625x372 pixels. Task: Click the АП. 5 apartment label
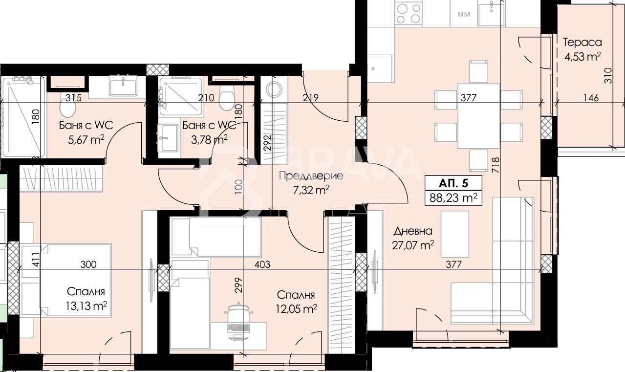[453, 183]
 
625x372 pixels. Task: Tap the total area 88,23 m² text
[453, 198]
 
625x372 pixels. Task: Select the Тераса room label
[582, 43]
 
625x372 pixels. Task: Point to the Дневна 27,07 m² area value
[413, 245]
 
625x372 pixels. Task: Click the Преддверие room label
[311, 176]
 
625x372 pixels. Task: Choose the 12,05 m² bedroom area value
[296, 309]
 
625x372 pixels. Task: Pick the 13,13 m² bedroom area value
[86, 306]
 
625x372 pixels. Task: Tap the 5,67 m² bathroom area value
[86, 139]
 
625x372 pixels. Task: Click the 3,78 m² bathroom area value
[209, 139]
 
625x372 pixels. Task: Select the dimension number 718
[496, 165]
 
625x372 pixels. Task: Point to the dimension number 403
[262, 264]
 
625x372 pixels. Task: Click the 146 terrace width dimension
[591, 98]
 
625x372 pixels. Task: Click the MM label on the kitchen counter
[464, 14]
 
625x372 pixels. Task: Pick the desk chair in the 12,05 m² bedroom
[238, 312]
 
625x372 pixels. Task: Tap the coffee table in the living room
[454, 234]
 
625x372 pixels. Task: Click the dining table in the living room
[478, 116]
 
